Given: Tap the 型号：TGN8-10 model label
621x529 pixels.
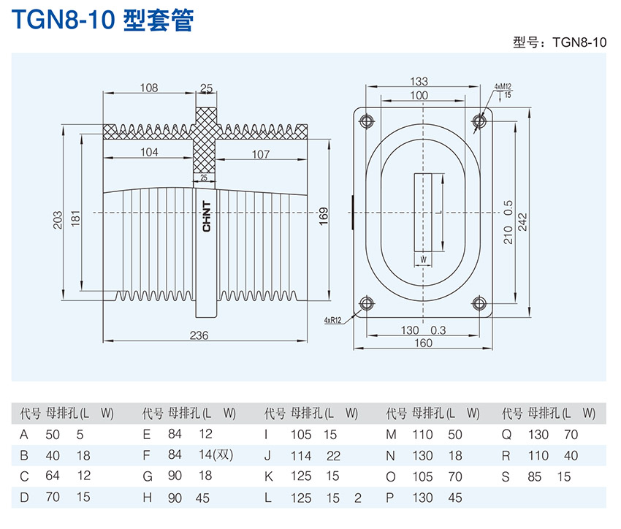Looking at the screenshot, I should click(560, 42).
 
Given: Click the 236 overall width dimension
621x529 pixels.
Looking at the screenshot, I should click(199, 335).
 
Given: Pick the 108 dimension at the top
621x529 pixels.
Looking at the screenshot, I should click(149, 88).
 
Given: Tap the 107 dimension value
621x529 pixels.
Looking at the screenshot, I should click(261, 154).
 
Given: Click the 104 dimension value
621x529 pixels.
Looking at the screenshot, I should click(149, 153).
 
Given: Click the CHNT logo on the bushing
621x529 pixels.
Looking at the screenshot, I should click(207, 217).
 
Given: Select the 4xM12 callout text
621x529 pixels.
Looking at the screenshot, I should click(502, 86).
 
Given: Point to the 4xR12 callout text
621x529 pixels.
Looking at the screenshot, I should click(333, 320).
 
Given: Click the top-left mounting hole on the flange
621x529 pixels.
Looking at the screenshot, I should click(367, 120).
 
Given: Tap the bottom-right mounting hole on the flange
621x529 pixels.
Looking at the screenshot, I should click(479, 302).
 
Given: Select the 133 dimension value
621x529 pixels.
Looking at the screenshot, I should click(419, 82).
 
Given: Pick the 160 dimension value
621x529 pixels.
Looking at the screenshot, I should click(423, 343).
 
